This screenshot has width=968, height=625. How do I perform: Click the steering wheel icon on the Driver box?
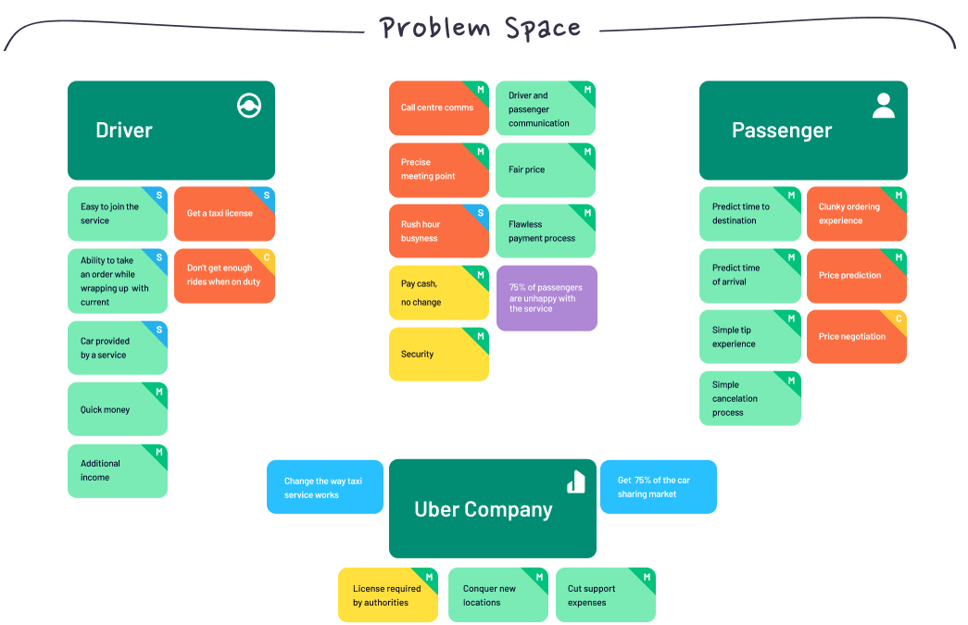point(249,106)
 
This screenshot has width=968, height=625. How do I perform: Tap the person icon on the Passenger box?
point(884,106)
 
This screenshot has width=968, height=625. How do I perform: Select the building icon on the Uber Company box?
point(576,481)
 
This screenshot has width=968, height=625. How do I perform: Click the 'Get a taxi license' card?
point(224,214)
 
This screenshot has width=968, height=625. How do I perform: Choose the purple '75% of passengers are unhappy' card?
point(547,298)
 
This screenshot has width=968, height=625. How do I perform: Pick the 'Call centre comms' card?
point(438,107)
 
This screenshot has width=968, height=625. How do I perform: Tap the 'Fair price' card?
point(545,170)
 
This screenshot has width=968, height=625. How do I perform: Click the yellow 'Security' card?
point(438,355)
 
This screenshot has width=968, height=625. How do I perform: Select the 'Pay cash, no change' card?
point(438,294)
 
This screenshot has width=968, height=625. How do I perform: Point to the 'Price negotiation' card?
point(856,337)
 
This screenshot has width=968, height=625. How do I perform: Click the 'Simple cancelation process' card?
point(749,399)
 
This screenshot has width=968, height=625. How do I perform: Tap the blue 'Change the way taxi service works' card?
point(324,488)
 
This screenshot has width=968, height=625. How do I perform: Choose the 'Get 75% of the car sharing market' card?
point(658,487)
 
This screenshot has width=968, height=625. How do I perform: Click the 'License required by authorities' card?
point(387,595)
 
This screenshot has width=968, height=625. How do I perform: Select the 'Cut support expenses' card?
point(605,595)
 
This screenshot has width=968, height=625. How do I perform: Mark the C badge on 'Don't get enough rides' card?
point(267,257)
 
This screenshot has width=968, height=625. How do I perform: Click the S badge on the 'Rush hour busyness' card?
point(480,213)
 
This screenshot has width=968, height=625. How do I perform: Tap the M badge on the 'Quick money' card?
point(159,392)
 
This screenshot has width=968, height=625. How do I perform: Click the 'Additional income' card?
point(117,471)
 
